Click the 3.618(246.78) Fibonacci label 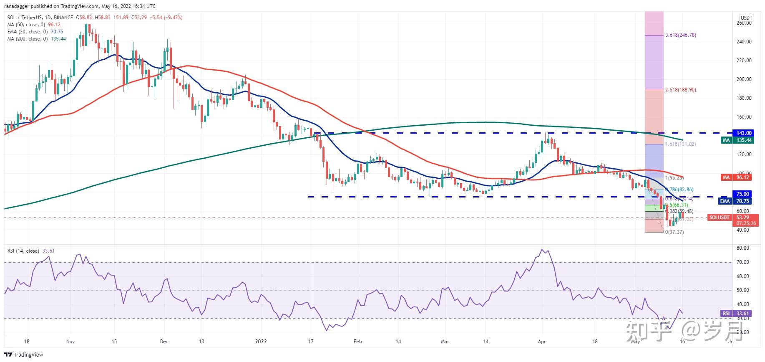point(680,35)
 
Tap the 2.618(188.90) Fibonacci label point(680,90)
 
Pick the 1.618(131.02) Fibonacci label point(680,144)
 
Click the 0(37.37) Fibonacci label point(674,232)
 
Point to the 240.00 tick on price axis point(744,42)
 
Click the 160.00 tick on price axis point(744,117)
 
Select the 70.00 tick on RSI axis point(743,262)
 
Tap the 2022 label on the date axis point(261,342)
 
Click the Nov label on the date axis point(70,342)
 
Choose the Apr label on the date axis point(542,342)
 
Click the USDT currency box point(746,18)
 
